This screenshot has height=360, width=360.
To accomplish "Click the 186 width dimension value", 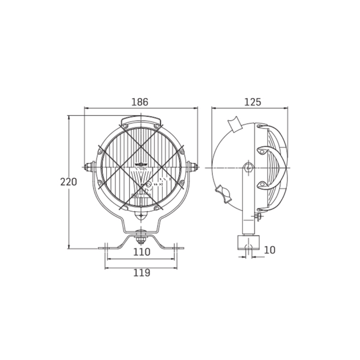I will [x=140, y=102].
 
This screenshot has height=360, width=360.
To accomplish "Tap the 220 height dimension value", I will [x=68, y=182].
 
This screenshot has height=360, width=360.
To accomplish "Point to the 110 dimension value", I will [x=141, y=252].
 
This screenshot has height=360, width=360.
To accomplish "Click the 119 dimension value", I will [x=141, y=273].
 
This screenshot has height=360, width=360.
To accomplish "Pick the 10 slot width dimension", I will [x=269, y=250].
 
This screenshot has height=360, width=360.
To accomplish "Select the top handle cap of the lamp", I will [x=141, y=120].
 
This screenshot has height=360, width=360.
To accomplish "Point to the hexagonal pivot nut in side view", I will [x=248, y=167].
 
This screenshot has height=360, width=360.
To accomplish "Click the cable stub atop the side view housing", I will [x=235, y=124].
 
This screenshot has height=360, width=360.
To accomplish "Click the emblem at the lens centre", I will [x=141, y=165].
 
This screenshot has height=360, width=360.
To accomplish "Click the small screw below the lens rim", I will [x=141, y=216].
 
